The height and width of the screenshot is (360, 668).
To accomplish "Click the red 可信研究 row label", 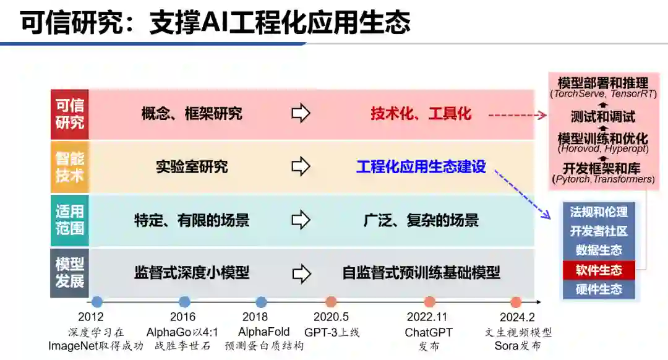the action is pos(69,114).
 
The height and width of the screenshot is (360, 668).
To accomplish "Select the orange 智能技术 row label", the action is pos(69,167).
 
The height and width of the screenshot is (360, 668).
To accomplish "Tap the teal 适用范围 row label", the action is pos(69,220).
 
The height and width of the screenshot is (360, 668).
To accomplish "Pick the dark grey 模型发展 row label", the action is pos(69,273).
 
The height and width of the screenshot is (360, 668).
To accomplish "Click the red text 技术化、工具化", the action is pos(421,114).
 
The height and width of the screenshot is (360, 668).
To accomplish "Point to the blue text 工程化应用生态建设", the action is pos(421,167).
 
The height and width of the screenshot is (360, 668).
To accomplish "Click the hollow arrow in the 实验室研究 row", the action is pos(301,167).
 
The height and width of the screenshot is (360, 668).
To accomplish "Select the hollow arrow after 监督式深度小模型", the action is pos(301,273).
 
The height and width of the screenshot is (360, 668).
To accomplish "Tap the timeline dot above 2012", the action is pos(96,302).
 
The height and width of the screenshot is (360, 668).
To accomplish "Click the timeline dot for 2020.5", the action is pos(331,302).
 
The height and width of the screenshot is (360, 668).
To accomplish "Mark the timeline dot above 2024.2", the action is pos(516,302).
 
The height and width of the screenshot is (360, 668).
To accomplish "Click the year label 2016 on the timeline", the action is pos(184,317).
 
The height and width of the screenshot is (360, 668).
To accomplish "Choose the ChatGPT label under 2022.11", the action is pos(429,333).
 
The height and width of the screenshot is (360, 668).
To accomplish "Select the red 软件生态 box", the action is pos(598,270).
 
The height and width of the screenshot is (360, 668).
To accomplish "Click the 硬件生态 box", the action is pos(598,289).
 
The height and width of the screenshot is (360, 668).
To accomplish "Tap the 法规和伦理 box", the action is pos(598,212).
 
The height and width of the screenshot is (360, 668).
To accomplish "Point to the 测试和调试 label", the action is pos(602,116).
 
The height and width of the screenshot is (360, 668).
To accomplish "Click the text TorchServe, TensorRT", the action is pos(602,94).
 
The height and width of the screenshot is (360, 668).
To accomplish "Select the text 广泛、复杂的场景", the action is pos(421,220).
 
